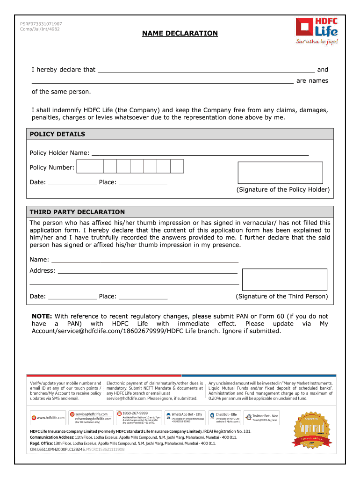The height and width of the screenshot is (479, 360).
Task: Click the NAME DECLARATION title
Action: pos(180,33)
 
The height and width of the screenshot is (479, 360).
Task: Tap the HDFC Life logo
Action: pos(316,31)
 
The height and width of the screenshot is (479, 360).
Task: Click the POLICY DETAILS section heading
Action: pos(58,134)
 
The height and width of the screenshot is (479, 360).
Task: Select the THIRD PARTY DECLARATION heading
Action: pos(77,212)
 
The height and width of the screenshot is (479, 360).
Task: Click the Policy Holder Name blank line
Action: pos(200,152)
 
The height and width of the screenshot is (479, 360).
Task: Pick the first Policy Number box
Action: pos(84,166)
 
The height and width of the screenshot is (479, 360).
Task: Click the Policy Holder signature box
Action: pos(280,173)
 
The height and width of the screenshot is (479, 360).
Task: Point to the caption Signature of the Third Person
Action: pos(282,297)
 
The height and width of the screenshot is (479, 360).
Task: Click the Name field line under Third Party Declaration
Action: pos(145,260)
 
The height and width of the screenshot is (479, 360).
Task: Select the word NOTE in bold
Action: pos(42,316)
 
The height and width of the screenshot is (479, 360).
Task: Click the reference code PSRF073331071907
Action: pos(41,24)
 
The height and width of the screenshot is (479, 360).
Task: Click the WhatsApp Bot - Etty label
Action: pos(187,414)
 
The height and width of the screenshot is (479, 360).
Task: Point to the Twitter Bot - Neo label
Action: pos(265,416)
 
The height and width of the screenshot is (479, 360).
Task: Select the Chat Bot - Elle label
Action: pos(226,414)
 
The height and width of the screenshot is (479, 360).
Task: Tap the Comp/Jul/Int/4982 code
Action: pos(40,29)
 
